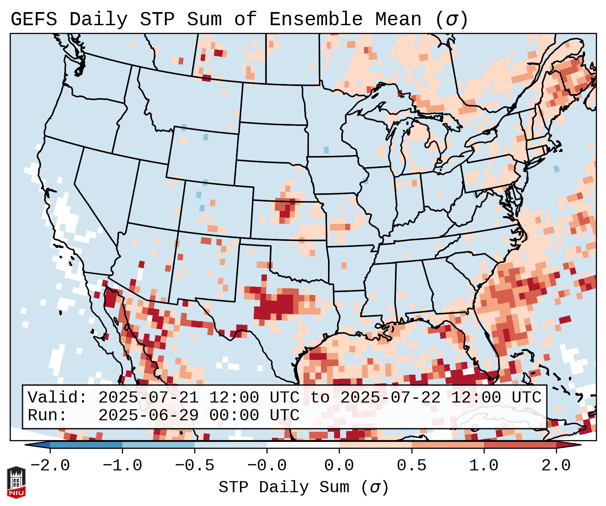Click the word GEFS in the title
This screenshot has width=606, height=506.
point(34,19)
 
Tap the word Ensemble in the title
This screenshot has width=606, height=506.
point(316,19)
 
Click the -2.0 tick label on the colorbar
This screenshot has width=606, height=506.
point(50,466)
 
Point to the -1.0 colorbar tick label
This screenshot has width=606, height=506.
point(122,466)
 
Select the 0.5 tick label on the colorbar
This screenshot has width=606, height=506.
point(411,466)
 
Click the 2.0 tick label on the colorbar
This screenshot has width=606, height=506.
point(556,466)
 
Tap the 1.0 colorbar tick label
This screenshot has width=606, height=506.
point(484,466)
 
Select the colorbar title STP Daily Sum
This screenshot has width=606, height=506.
point(284,487)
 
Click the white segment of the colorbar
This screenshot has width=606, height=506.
point(303,445)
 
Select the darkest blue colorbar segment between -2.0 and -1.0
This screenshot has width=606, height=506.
point(86,445)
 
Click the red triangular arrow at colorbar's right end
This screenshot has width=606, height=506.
point(568,445)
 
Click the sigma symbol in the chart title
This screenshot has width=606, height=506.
point(451,19)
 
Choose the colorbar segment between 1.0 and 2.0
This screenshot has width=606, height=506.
point(520,445)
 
